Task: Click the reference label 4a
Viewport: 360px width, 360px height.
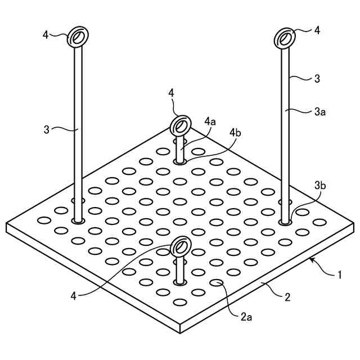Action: [x=210, y=121]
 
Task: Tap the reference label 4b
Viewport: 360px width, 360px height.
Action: [x=235, y=133]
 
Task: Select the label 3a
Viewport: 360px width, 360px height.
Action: [x=319, y=112]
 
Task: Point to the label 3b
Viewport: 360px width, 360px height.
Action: [x=319, y=185]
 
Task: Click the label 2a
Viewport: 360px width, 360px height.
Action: [x=246, y=317]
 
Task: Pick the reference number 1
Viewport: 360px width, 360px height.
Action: [x=340, y=275]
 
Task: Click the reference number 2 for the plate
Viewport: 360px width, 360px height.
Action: [x=287, y=297]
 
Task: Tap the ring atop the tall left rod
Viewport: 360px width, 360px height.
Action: [x=77, y=38]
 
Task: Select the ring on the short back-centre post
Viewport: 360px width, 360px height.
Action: [x=181, y=124]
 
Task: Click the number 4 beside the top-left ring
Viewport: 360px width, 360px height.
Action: [x=46, y=35]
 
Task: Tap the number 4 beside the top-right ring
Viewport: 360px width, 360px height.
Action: [x=317, y=30]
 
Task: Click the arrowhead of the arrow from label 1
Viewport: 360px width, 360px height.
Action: [x=310, y=260]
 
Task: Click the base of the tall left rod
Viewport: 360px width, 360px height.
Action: [x=78, y=220]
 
